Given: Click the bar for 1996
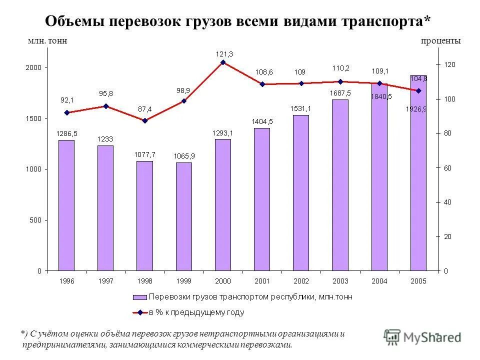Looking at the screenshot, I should [x=66, y=205].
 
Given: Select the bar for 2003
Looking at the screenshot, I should [x=340, y=185].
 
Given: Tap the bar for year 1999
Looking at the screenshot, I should [x=183, y=216].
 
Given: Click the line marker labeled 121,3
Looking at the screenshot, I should [x=223, y=62].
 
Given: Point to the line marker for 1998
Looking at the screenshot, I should [x=144, y=120].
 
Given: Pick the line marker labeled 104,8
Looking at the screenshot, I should [x=418, y=90].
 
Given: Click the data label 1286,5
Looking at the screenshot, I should [x=66, y=134].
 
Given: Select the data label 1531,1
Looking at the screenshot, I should [x=301, y=108].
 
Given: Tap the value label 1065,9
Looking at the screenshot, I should [x=183, y=156].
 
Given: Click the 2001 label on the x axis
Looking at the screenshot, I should [x=262, y=281].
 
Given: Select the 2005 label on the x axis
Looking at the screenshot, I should [x=418, y=281].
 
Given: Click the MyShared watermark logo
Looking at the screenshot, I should [x=422, y=337].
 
